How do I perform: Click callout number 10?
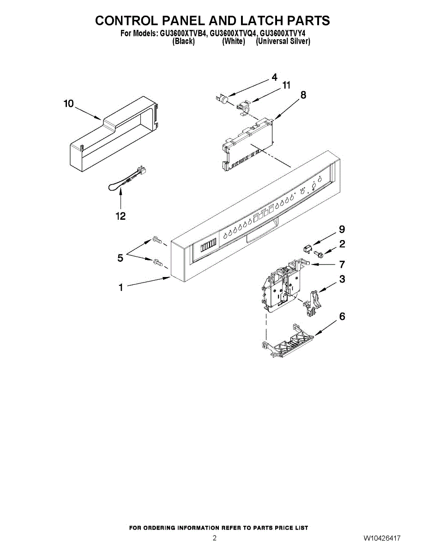click(68, 104)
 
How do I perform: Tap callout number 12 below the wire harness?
click(121, 216)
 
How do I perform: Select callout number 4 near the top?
click(274, 77)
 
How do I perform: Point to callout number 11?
click(286, 85)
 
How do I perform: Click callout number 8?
click(303, 95)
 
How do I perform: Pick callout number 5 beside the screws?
click(121, 259)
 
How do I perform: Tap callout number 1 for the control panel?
click(121, 288)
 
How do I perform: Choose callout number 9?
click(342, 229)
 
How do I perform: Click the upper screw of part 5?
click(156, 240)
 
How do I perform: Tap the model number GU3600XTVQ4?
click(233, 33)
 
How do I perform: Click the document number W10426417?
click(381, 538)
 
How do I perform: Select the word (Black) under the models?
click(183, 41)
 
